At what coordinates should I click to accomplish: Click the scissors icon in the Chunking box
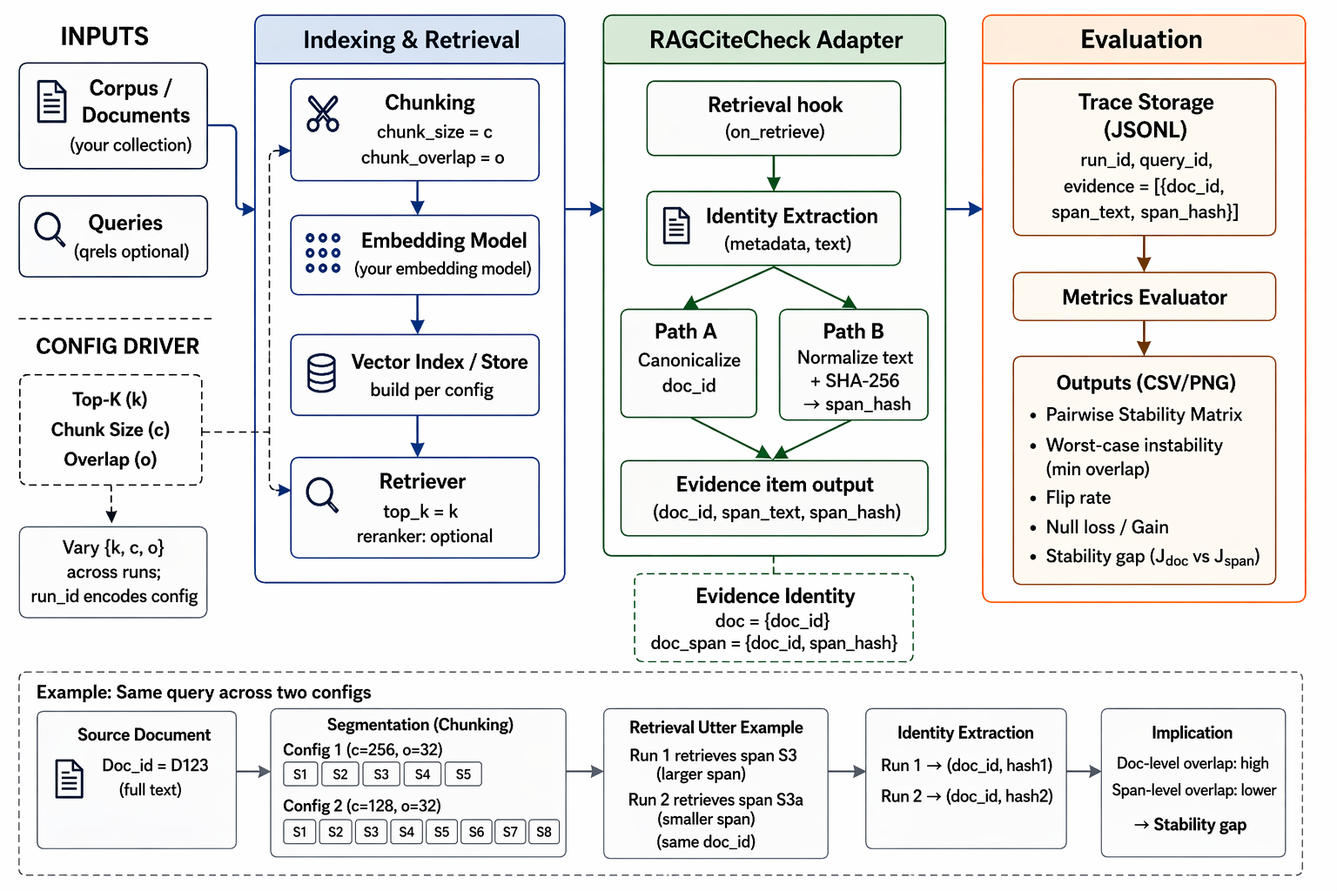point(322,113)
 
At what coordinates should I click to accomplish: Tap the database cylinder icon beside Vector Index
point(321,373)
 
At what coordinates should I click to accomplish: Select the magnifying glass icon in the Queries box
point(50,229)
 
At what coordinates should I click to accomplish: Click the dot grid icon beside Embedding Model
point(323,253)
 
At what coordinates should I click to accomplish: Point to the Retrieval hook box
point(774,118)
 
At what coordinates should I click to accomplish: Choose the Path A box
point(689,363)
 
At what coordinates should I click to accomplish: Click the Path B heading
point(853,332)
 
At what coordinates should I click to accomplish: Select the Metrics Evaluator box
point(1145,297)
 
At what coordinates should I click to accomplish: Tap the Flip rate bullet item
point(1078,498)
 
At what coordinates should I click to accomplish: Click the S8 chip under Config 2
point(544,832)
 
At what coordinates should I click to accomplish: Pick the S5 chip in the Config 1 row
point(463,774)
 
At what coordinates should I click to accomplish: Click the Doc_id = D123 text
point(155,765)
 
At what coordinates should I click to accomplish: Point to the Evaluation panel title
point(1141,39)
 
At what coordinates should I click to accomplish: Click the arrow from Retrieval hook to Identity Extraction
point(774,174)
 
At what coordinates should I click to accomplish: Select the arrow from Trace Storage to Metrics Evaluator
point(1144,254)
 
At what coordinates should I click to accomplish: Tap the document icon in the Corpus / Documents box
point(52,102)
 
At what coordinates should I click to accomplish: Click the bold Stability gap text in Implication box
point(1199,824)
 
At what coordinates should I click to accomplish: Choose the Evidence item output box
point(774,499)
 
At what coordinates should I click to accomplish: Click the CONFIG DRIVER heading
point(118,346)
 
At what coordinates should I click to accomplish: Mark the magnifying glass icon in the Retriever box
point(322,495)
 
